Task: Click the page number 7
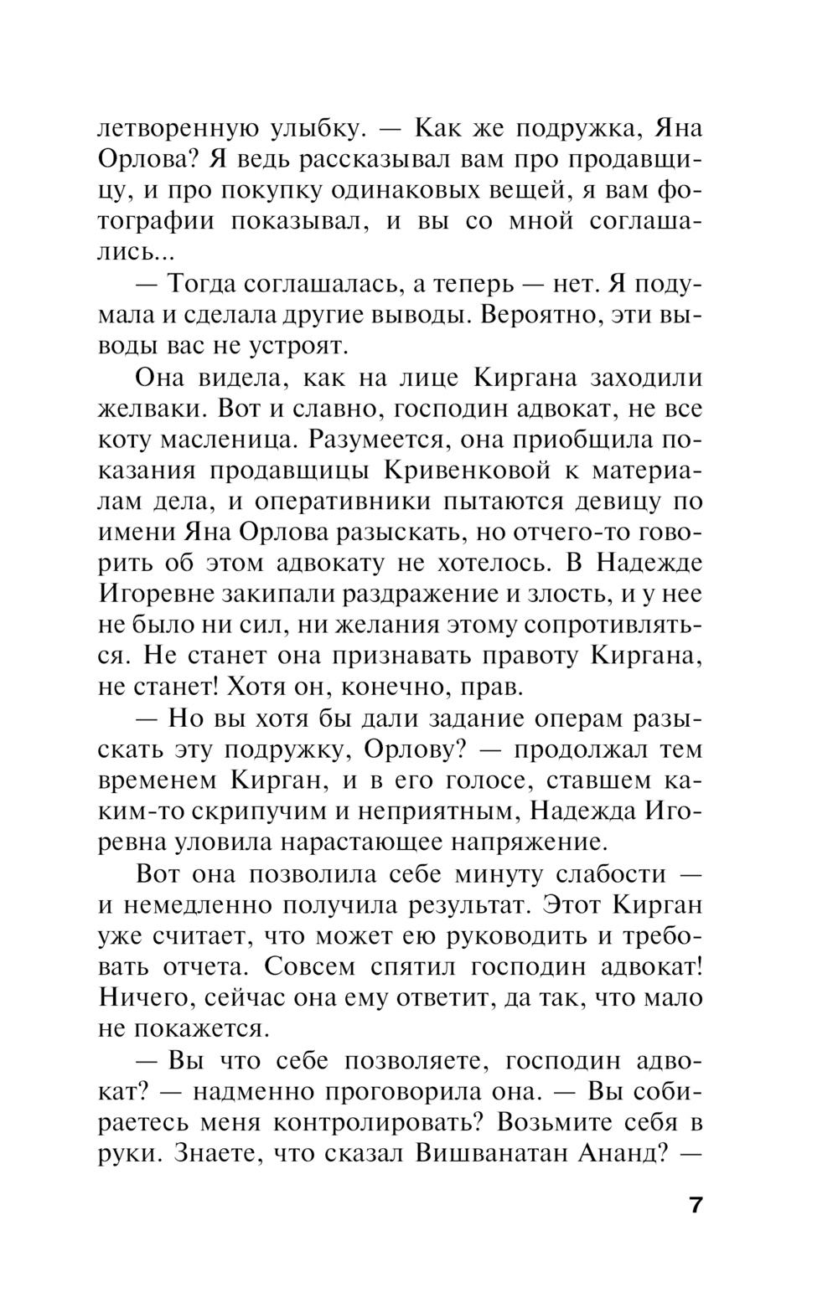[x=695, y=1207]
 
